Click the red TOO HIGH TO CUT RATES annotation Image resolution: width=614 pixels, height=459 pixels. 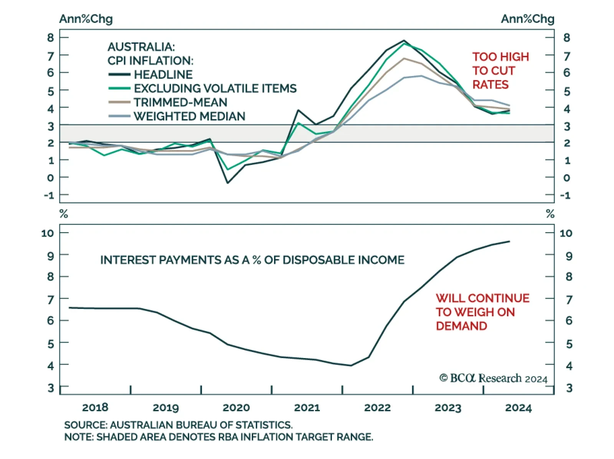500,71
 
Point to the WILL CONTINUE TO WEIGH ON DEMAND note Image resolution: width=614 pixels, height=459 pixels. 482,312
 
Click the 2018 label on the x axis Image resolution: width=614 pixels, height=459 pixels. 95,408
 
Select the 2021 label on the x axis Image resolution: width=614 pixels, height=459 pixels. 307,408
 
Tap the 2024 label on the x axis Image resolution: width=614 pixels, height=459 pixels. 518,408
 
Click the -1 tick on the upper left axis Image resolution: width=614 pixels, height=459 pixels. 49,195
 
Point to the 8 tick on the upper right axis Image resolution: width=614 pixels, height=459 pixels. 566,38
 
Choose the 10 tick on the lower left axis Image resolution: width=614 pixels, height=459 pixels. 48,233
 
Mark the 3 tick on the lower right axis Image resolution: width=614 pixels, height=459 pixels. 569,388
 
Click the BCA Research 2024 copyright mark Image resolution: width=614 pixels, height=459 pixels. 493,378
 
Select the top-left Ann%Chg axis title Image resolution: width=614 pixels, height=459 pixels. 86,19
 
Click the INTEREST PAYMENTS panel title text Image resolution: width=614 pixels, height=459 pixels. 252,260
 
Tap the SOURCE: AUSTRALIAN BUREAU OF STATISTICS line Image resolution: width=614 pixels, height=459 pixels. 178,425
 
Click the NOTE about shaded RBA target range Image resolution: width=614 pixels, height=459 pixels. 218,437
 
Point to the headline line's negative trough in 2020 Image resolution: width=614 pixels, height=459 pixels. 228,183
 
